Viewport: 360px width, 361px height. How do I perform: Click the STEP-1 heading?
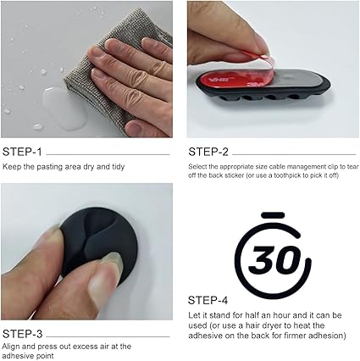(x=22, y=152)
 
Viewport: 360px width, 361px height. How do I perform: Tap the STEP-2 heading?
(x=208, y=152)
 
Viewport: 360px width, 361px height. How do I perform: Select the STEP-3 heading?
(x=22, y=334)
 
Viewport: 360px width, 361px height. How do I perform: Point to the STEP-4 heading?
(x=208, y=300)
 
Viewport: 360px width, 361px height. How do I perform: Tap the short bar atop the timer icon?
(x=273, y=215)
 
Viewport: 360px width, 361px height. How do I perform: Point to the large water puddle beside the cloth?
(x=64, y=108)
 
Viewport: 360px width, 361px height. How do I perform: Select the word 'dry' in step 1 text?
(x=89, y=167)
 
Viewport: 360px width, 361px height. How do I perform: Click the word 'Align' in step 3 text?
(x=11, y=347)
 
